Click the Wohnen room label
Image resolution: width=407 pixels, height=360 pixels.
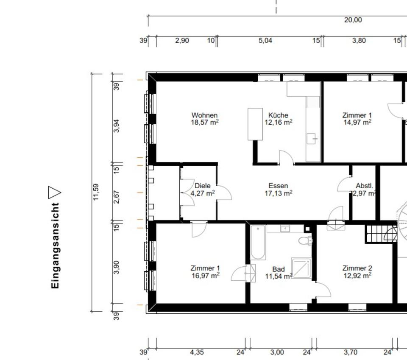pyautogui.click(x=204, y=115)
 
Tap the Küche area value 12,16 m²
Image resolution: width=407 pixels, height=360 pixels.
pyautogui.click(x=279, y=122)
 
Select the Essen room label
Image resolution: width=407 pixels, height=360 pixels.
pyautogui.click(x=278, y=186)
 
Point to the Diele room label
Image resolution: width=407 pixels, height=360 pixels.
pyautogui.click(x=203, y=186)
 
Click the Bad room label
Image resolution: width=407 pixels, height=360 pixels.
pyautogui.click(x=279, y=269)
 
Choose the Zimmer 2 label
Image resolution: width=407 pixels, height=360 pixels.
pyautogui.click(x=357, y=268)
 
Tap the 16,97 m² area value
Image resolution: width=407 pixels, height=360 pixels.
pyautogui.click(x=206, y=275)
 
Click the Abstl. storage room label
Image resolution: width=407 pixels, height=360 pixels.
pyautogui.click(x=365, y=186)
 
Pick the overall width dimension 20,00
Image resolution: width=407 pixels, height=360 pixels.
pyautogui.click(x=353, y=20)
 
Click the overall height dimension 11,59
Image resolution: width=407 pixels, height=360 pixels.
pyautogui.click(x=96, y=192)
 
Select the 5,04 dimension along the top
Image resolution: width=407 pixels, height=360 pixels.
pyautogui.click(x=265, y=40)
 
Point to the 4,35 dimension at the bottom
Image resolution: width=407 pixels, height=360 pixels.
pyautogui.click(x=197, y=352)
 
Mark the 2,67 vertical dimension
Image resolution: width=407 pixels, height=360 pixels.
pyautogui.click(x=117, y=197)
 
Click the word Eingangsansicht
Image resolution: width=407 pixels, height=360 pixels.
pyautogui.click(x=55, y=245)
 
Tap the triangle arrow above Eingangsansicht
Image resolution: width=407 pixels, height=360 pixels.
pyautogui.click(x=54, y=193)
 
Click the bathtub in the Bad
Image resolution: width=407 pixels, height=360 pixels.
pyautogui.click(x=258, y=243)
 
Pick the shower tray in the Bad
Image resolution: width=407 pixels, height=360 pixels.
pyautogui.click(x=301, y=268)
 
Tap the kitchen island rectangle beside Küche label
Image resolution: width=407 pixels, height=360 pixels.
pyautogui.click(x=255, y=124)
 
